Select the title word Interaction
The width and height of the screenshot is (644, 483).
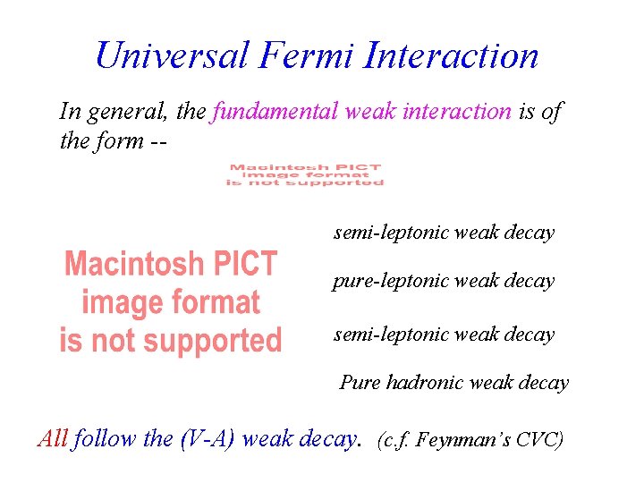coord(452,55)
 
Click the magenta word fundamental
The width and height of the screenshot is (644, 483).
coord(272,112)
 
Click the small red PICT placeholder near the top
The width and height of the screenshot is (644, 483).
coord(305,174)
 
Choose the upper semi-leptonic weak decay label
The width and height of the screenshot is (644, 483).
coord(444,233)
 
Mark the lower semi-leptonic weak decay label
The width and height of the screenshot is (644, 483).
coord(444,335)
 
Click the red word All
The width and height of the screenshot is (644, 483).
coord(53,438)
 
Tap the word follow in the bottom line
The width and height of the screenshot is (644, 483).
coord(106,438)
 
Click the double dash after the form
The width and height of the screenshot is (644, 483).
coord(158,141)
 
